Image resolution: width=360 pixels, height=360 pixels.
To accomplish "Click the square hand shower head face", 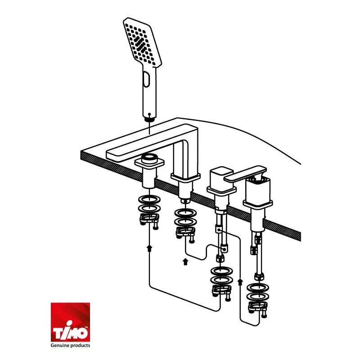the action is (x=142, y=43).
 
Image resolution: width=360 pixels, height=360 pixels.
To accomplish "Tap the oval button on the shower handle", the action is (x=146, y=79).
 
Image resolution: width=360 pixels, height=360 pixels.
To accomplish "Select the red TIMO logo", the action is (x=70, y=322).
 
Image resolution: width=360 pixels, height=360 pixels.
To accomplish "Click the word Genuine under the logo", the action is (x=60, y=346).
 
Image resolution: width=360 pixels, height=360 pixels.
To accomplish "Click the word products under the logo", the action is (x=81, y=346).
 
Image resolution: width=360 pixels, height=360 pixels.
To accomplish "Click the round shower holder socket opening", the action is (x=149, y=157).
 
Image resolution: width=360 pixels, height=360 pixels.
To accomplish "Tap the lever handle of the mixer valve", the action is (x=245, y=174).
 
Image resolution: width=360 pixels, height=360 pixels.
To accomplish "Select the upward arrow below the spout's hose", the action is (x=185, y=262).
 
